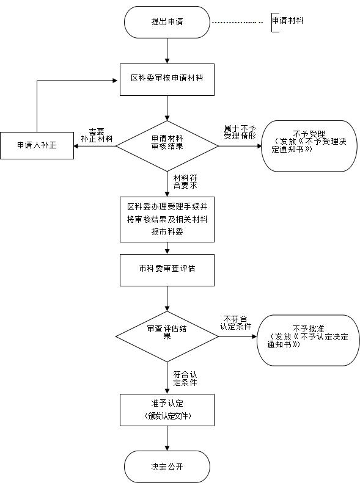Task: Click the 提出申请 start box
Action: [x=167, y=22]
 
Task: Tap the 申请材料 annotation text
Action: [x=288, y=21]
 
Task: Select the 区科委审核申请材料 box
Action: [x=167, y=79]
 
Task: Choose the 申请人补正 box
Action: [x=37, y=147]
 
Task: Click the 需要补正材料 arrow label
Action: [x=97, y=135]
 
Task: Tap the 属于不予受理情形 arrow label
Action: [x=240, y=131]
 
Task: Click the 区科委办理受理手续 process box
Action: [x=167, y=219]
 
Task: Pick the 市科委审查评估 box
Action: [x=167, y=269]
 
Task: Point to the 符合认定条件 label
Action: [x=185, y=378]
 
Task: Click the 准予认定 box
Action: [x=167, y=410]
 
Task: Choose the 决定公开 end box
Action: [x=167, y=467]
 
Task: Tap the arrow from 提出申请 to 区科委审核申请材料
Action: [x=167, y=50]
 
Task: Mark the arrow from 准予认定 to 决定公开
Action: [x=167, y=438]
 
